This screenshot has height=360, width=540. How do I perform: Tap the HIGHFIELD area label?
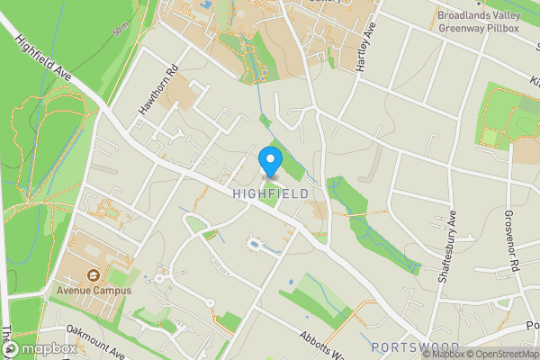tap(270, 193)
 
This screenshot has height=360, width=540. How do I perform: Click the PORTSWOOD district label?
tap(415, 347)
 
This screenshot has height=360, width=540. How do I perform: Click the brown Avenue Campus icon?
tap(92, 275)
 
